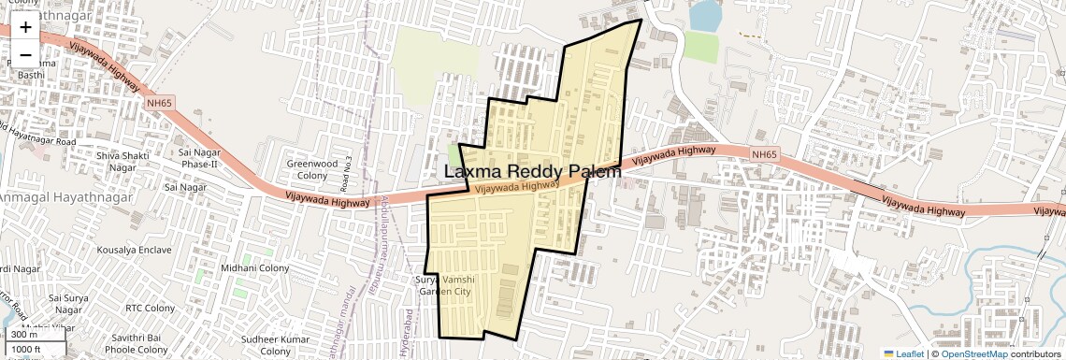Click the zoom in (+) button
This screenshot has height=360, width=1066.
tap(25, 27)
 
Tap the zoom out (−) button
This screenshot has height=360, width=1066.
tap(25, 54)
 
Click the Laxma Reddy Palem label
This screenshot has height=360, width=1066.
tap(532, 172)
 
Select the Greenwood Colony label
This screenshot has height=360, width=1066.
tap(311, 169)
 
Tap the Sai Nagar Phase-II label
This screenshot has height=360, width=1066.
tap(198, 157)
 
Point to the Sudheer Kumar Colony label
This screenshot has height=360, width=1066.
tap(275, 345)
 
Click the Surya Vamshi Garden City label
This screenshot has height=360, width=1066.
tap(445, 286)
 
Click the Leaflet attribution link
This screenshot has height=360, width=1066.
tap(904, 353)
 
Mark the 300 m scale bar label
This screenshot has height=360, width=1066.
tap(24, 335)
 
